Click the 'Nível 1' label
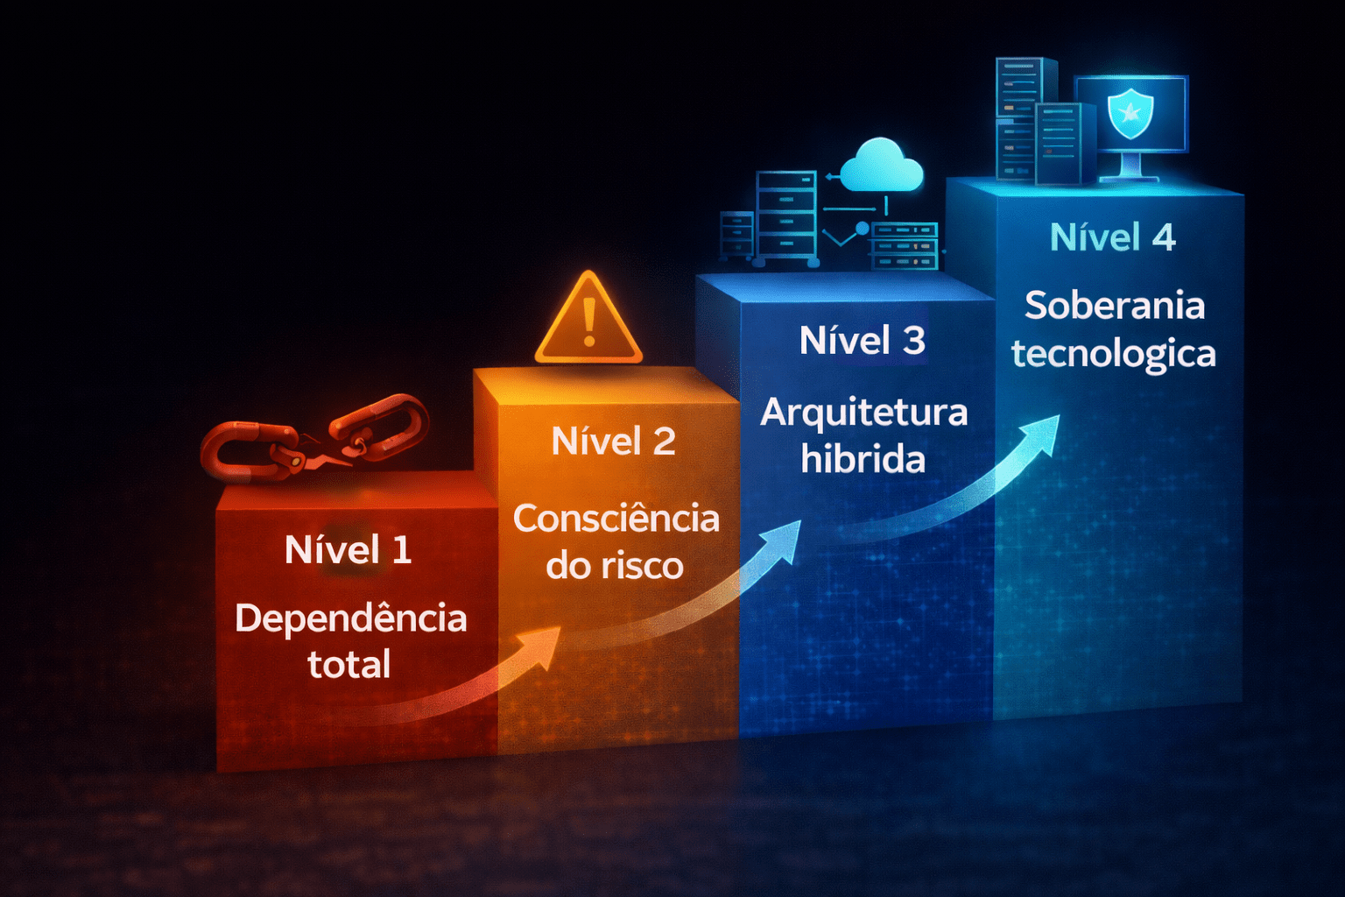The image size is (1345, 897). point(348,550)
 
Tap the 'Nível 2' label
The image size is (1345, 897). point(614,441)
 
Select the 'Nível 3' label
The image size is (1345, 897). point(863,341)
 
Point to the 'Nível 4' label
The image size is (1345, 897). point(1112,237)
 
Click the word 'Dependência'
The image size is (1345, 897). point(350,618)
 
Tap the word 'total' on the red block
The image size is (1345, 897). point(349,665)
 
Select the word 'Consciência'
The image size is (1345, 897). point(616,519)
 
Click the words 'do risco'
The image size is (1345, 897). point(614,566)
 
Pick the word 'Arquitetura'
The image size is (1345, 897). point(863,413)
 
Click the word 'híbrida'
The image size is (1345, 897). point(863,459)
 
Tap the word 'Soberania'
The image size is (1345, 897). point(1115,306)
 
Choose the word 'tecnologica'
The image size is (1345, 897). point(1113,354)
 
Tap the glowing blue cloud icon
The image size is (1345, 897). point(881,166)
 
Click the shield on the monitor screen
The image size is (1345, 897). point(1130,112)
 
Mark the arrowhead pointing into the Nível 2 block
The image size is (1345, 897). point(540,646)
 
